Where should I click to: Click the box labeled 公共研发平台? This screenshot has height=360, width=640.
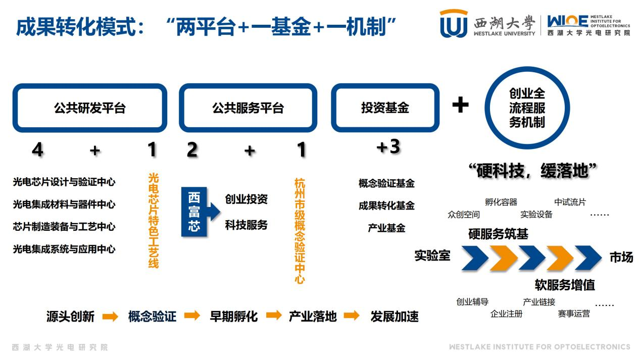click(89, 108)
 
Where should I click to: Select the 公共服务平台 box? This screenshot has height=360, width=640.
click(248, 108)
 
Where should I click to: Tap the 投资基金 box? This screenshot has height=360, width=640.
click(385, 108)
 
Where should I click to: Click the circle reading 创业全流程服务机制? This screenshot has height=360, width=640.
click(527, 108)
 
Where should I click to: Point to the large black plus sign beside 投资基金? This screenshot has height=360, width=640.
click(460, 105)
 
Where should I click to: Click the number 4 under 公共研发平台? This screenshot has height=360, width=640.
click(37, 150)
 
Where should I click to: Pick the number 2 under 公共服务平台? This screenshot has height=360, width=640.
click(192, 150)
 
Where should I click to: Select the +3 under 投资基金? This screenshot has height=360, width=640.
click(388, 147)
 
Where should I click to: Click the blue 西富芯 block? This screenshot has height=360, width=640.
click(193, 212)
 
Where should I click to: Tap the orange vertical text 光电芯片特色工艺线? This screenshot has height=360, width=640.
click(153, 221)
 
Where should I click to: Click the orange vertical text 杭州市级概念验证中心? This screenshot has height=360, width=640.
click(300, 230)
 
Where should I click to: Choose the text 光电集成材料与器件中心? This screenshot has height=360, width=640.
click(64, 204)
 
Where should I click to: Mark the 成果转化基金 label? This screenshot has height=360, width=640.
click(386, 205)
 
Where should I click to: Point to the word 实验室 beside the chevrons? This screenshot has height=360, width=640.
click(432, 255)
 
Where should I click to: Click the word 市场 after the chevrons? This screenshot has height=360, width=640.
click(621, 258)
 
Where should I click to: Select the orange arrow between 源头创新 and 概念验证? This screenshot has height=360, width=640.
click(110, 317)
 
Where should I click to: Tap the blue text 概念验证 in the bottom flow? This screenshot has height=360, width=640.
click(152, 317)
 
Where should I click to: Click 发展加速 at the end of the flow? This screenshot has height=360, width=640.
click(395, 317)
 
